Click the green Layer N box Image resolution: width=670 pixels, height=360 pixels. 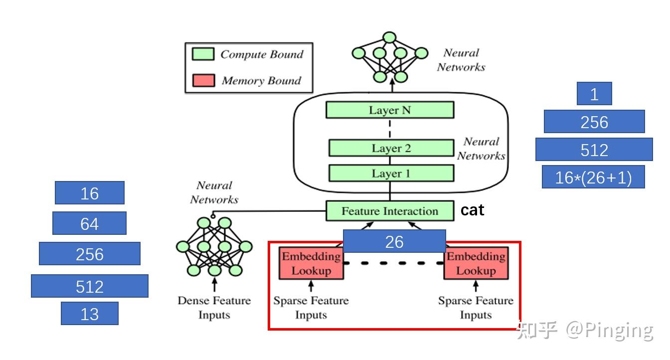tap(390, 110)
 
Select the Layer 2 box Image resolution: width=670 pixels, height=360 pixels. tap(391, 148)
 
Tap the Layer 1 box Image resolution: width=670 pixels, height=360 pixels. tap(391, 173)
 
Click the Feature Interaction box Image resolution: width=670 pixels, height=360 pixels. tap(390, 211)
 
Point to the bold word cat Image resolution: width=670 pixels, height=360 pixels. tap(472, 210)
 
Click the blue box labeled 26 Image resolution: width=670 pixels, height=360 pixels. tap(394, 241)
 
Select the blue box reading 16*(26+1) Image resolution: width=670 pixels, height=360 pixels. tap(593, 177)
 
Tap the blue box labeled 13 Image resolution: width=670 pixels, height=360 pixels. tap(89, 313)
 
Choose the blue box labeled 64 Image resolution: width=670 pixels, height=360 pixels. tap(89, 223)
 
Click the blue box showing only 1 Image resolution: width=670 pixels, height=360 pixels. tap(594, 93)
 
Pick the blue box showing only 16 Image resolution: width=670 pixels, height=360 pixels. tap(89, 193)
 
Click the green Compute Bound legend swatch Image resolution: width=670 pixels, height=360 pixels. tap(203, 54)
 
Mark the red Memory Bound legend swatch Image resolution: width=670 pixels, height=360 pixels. tap(203, 80)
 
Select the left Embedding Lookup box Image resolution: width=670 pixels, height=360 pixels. tap(311, 263)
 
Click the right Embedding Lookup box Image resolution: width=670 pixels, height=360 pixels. tap(476, 263)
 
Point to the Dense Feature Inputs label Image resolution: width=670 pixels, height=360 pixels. tap(214, 308)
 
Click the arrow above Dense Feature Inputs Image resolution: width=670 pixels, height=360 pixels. tap(214, 285)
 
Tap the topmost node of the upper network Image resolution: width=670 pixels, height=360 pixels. tap(389, 38)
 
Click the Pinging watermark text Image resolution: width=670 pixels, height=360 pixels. tap(618, 331)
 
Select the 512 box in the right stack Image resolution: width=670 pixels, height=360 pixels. tap(594, 149)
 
